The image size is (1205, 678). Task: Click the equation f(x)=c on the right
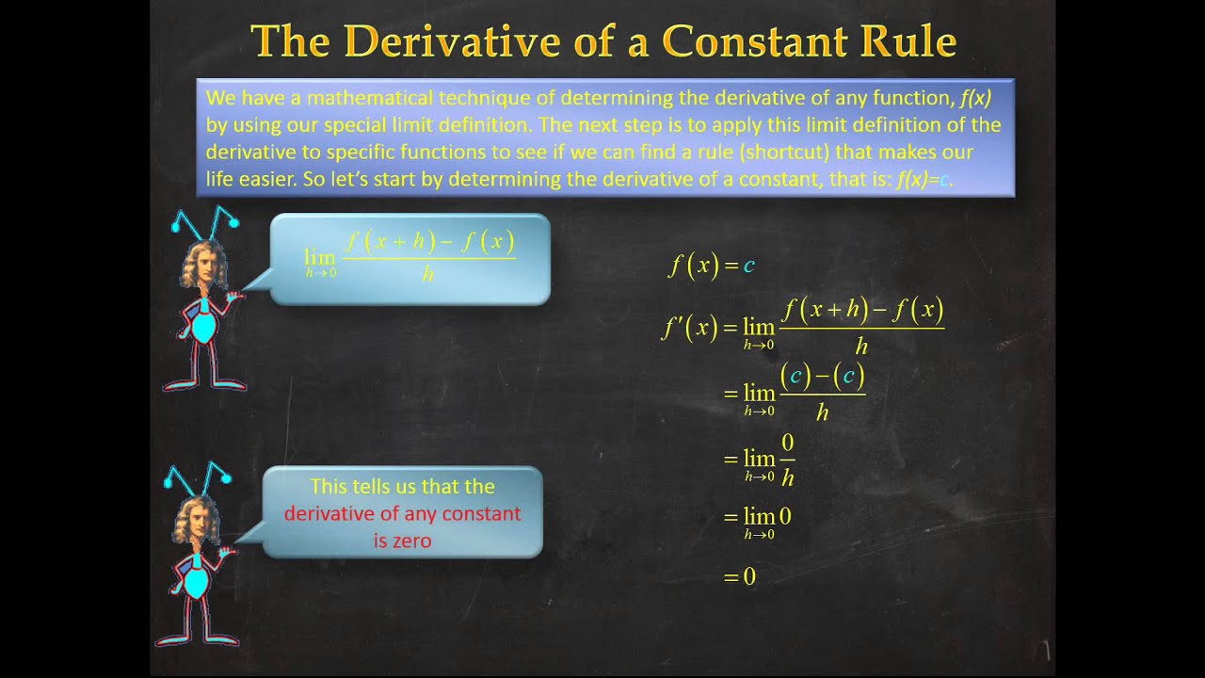pos(712,266)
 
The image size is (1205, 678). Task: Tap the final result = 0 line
pos(740,576)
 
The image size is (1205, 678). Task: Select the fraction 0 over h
pos(787,460)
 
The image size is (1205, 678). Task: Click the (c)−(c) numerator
pos(822,378)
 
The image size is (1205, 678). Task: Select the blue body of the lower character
pos(196,582)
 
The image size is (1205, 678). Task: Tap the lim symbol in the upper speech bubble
pos(319,257)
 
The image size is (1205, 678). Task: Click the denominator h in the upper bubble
pos(428,275)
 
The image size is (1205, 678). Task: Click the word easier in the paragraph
pos(256,179)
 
